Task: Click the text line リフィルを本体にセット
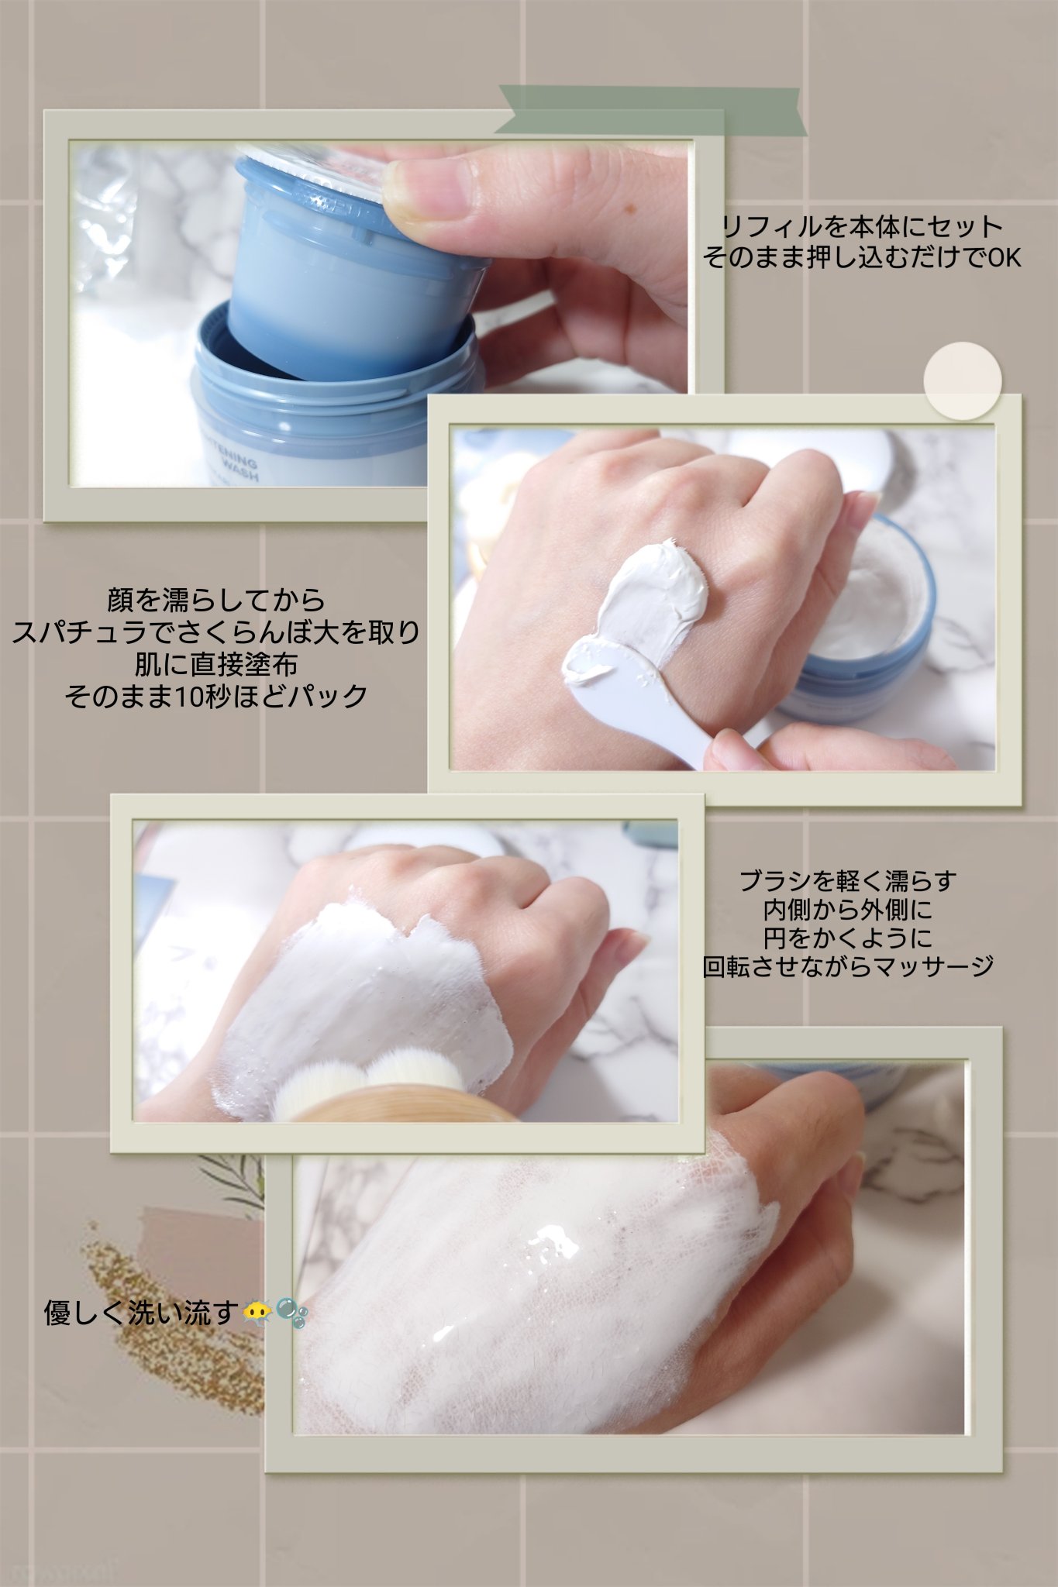point(862,226)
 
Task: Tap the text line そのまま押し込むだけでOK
point(862,257)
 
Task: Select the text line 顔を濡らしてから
point(215,600)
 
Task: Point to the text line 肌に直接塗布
point(215,664)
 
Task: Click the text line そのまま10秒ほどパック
point(215,696)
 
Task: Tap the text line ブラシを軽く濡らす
point(848,880)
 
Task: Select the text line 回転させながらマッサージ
point(848,966)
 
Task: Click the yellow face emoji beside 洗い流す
point(257,1311)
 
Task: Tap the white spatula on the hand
point(643,690)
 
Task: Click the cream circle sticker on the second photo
point(962,381)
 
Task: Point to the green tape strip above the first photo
point(651,109)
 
